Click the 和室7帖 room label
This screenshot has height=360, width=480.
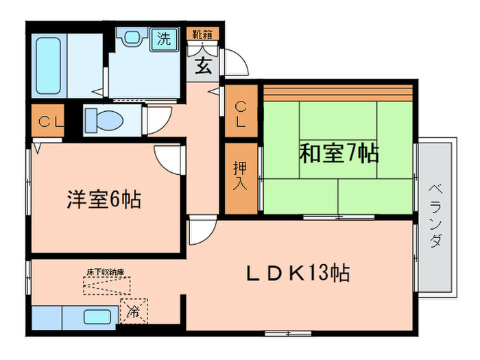(x=339, y=153)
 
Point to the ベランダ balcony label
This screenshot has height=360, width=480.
(x=436, y=216)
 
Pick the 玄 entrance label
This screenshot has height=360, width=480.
(x=204, y=67)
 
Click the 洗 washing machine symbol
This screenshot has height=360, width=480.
(x=164, y=38)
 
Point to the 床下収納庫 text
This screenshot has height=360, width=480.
(x=105, y=272)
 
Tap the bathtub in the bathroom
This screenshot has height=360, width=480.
(x=52, y=66)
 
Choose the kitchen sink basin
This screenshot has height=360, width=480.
(x=98, y=317)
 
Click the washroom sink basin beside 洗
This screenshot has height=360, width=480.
(x=130, y=38)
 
